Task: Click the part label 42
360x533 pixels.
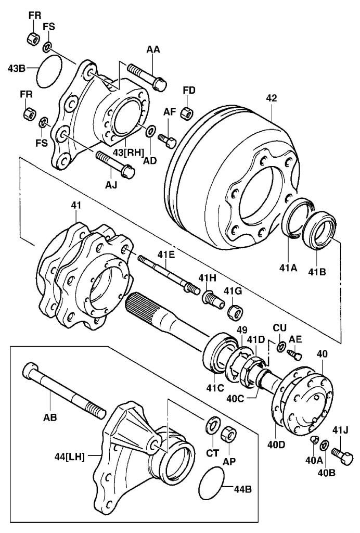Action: (x=272, y=97)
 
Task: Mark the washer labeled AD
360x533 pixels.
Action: (x=150, y=130)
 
